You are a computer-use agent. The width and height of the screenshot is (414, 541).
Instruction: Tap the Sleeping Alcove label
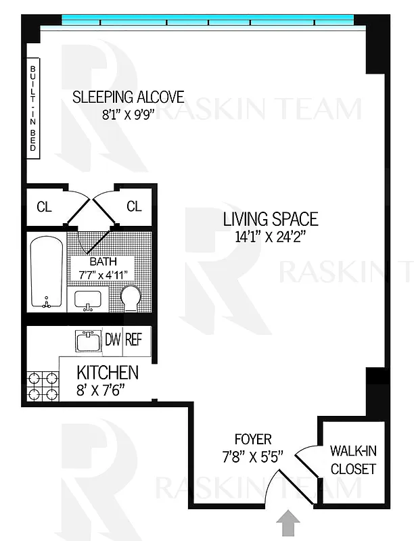pyautogui.click(x=129, y=96)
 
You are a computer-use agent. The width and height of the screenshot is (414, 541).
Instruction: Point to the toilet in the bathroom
pyautogui.click(x=131, y=298)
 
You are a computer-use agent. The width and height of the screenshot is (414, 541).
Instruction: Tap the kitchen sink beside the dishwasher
pyautogui.click(x=88, y=341)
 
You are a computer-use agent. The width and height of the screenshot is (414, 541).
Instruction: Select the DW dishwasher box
pyautogui.click(x=112, y=340)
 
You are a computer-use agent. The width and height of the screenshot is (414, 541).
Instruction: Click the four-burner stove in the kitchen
pyautogui.click(x=42, y=387)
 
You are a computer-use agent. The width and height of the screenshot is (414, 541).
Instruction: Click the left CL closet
pyautogui.click(x=44, y=207)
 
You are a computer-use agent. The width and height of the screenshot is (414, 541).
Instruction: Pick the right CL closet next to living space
pyautogui.click(x=134, y=206)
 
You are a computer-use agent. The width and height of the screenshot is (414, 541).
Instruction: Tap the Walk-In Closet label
pyautogui.click(x=352, y=459)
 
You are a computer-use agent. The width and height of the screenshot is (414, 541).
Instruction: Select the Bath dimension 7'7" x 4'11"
pyautogui.click(x=104, y=275)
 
